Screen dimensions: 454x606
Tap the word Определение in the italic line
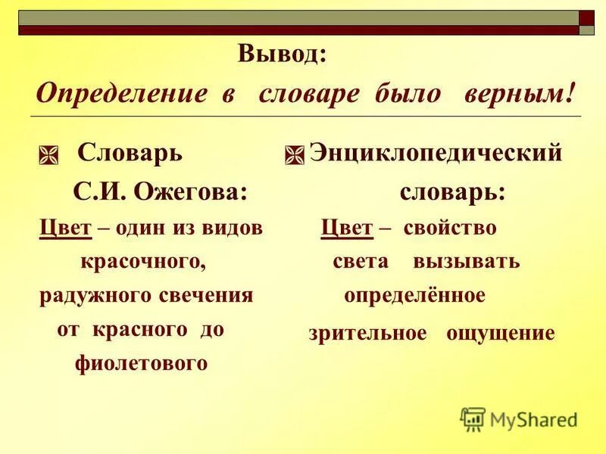click(121, 95)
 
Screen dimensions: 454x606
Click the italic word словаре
click(311, 95)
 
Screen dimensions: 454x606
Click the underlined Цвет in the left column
click(65, 228)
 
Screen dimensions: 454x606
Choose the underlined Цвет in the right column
click(346, 228)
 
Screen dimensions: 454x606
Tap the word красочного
click(143, 262)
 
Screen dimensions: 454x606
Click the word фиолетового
click(141, 363)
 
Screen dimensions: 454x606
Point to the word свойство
click(450, 228)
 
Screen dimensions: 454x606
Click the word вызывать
click(466, 262)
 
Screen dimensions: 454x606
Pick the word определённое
click(414, 295)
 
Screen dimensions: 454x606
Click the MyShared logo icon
click(473, 419)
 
